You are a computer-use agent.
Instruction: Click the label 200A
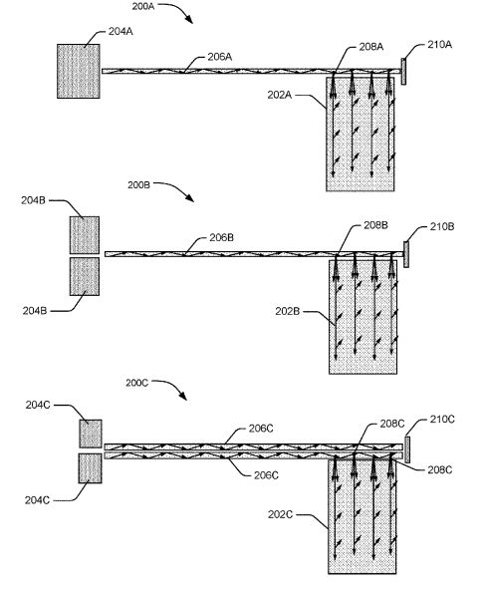(143, 6)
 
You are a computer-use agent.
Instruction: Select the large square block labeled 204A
(79, 72)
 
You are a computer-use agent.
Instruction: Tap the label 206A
(220, 57)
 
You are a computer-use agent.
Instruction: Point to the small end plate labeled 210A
(403, 72)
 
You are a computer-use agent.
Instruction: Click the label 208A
(371, 47)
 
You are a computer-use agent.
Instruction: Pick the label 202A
(280, 95)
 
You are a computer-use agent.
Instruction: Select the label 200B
(138, 184)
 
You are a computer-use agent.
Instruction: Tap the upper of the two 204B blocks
(85, 235)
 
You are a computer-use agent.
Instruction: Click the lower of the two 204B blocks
(85, 277)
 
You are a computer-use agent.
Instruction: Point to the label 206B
(221, 238)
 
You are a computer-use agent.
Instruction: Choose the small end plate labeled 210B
(406, 254)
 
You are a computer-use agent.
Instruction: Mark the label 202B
(288, 312)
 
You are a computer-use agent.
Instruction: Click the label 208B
(375, 225)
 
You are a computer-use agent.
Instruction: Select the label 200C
(136, 383)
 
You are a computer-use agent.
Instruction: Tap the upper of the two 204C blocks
(91, 434)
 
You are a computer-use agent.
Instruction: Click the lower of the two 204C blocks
(91, 468)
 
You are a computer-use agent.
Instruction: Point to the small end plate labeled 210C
(407, 449)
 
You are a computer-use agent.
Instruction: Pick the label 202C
(280, 514)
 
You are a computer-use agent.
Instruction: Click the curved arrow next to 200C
(170, 388)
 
